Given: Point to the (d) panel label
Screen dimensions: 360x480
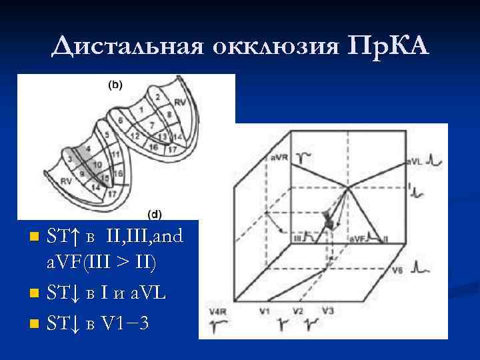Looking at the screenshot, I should [153, 214].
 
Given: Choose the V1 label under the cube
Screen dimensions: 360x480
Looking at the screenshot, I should [264, 311].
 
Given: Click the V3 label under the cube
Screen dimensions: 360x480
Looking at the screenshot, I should [327, 311].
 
